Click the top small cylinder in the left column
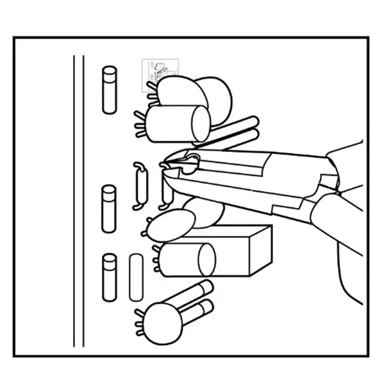coord(110,90)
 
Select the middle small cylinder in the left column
coord(109,209)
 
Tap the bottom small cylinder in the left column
coord(110,277)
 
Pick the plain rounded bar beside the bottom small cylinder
coord(136,277)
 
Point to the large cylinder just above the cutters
coord(171,124)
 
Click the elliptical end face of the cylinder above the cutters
coord(201,123)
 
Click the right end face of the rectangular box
coord(261,250)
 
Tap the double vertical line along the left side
coord(79,200)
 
